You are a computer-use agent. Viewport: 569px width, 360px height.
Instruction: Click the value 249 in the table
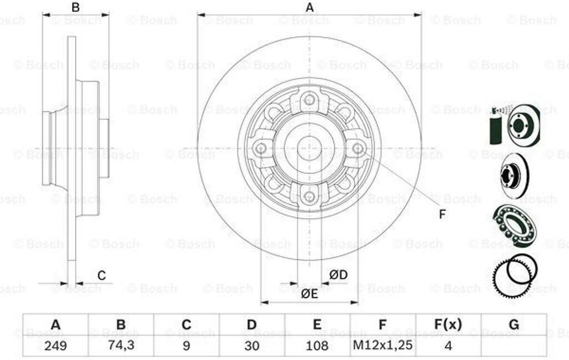coord(56,346)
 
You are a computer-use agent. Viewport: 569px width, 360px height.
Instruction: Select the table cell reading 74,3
coord(121,345)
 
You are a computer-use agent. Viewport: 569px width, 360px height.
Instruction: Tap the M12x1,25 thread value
coord(383,345)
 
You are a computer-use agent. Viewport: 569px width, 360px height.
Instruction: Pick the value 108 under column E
coord(317,346)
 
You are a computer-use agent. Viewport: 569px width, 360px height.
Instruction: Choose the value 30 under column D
coord(252,346)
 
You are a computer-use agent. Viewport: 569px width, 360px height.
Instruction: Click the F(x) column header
coord(448,324)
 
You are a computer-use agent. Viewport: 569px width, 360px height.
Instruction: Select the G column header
coord(514,324)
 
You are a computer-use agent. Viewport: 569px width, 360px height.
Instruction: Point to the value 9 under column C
coord(186,346)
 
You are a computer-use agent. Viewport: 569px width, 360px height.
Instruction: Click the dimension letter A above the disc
coord(310,7)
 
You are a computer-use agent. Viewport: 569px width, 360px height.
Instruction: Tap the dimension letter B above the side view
coord(76,7)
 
